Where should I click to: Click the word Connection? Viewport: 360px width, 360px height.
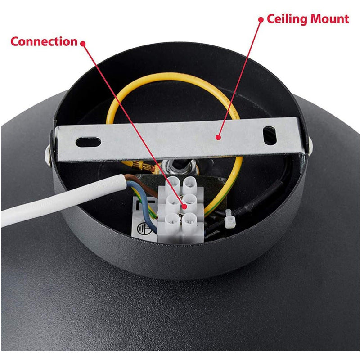(44, 41)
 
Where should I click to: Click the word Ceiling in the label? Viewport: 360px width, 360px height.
(287, 19)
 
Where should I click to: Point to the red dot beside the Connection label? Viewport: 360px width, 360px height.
(83, 43)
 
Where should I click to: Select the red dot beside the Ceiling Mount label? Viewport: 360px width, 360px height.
(261, 20)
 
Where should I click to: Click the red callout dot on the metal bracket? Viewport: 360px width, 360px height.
(218, 138)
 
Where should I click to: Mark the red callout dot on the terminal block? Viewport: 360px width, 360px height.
(184, 206)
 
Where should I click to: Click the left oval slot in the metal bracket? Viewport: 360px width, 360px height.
(88, 142)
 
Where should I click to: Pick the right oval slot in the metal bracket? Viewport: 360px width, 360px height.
(270, 135)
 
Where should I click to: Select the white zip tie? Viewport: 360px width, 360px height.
(230, 219)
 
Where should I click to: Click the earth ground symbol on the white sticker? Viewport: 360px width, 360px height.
(144, 229)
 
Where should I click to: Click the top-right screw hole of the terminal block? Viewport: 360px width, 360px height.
(190, 184)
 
